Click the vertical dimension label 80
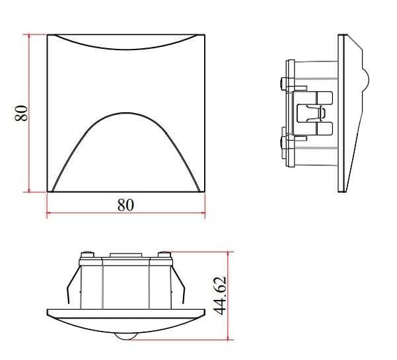coord(21,112)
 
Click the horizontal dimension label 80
coord(126,205)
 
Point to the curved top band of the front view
coord(126,41)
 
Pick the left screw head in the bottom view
coord(85,255)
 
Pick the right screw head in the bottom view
coord(164,255)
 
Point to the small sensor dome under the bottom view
coord(125,336)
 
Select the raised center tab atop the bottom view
coord(125,254)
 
